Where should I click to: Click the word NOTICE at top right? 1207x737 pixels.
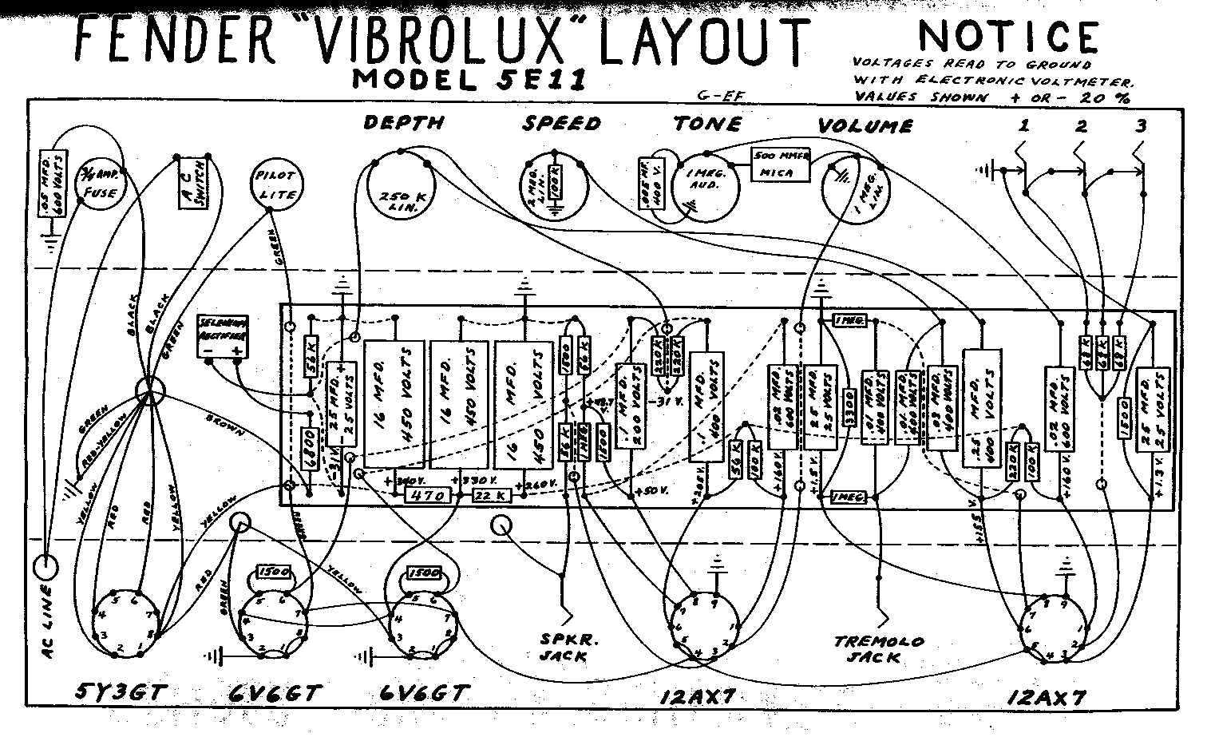click(1008, 38)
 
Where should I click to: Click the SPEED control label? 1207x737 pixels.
click(561, 124)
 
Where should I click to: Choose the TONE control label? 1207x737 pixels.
click(706, 124)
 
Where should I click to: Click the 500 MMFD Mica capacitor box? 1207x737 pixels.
click(781, 164)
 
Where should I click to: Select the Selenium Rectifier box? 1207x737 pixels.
click(223, 336)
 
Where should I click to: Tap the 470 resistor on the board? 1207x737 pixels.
click(429, 496)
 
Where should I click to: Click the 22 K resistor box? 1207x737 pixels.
click(493, 496)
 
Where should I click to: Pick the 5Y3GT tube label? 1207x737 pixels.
click(120, 692)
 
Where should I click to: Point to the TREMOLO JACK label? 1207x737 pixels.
click(878, 648)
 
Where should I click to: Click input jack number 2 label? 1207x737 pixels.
click(1081, 126)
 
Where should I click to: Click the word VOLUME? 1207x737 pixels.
click(865, 126)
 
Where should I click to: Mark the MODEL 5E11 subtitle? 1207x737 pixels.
click(469, 79)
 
